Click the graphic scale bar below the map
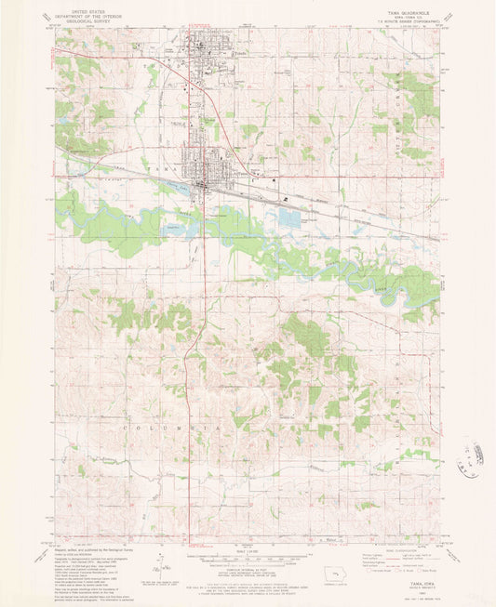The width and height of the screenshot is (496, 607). (x=246, y=560)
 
